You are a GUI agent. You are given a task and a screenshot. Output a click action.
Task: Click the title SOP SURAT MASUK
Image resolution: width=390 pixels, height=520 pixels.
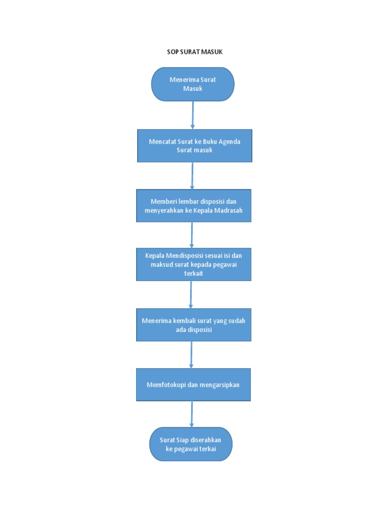(x=195, y=52)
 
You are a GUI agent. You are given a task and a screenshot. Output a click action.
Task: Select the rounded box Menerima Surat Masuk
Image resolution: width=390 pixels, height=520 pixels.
(x=192, y=84)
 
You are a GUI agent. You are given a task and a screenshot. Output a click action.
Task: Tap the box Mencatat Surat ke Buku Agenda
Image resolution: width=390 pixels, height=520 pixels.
(x=194, y=146)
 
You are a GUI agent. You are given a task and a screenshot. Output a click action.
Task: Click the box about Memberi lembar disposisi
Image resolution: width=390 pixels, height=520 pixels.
(x=194, y=206)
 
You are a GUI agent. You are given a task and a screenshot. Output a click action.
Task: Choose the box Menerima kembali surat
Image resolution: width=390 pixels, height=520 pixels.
(x=194, y=325)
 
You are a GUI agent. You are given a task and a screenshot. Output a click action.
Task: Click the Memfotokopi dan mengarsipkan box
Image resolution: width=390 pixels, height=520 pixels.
(x=193, y=385)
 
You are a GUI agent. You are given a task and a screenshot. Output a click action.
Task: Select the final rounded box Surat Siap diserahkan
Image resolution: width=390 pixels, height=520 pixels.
(x=191, y=444)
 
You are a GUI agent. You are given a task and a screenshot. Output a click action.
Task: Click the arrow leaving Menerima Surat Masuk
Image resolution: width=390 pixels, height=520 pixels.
(x=192, y=115)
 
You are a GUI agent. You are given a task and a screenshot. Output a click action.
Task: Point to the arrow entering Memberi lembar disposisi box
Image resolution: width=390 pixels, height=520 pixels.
(x=192, y=176)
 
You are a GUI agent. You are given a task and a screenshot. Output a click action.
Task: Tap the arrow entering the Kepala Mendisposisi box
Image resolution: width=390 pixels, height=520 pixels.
(x=191, y=235)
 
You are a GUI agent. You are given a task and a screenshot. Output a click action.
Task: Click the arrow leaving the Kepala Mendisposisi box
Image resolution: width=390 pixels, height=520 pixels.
(x=191, y=295)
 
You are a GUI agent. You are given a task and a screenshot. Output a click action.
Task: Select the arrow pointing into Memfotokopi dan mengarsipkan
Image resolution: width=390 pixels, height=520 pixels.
(x=191, y=354)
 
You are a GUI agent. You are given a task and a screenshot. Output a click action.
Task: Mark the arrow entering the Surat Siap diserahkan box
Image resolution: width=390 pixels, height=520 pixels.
(x=191, y=414)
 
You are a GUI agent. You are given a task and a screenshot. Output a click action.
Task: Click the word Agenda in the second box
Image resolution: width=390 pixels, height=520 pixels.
(x=229, y=142)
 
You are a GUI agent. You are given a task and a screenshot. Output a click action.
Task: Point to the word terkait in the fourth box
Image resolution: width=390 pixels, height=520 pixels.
(x=193, y=273)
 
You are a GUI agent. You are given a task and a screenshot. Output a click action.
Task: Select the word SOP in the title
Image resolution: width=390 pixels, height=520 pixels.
(x=173, y=52)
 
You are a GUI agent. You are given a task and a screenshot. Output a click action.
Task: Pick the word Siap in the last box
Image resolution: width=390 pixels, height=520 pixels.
(x=182, y=440)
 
